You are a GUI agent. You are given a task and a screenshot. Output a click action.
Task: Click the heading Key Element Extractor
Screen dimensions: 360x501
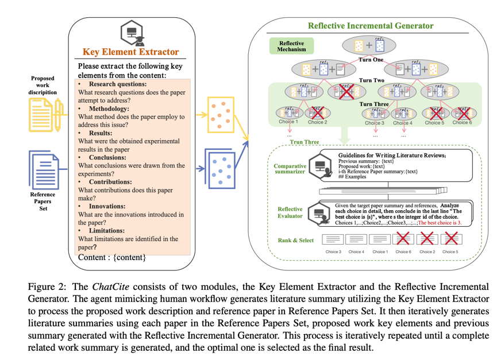tap(131, 52)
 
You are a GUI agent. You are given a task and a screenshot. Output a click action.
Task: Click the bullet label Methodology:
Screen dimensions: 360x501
tap(109, 109)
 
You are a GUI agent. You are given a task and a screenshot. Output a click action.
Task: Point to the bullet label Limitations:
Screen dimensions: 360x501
tap(108, 230)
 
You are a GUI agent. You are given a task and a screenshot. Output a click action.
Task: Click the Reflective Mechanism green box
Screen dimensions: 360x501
tap(292, 47)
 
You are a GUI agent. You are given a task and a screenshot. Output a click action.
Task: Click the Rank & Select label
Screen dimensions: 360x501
tap(296, 240)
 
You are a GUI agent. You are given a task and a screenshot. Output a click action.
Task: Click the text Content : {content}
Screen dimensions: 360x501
tap(112, 257)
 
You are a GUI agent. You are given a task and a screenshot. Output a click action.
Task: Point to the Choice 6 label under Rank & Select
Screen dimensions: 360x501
tap(403, 251)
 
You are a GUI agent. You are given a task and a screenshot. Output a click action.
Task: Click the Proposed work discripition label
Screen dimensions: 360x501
tap(43, 86)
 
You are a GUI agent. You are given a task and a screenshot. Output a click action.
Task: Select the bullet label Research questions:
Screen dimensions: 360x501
tap(117, 84)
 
